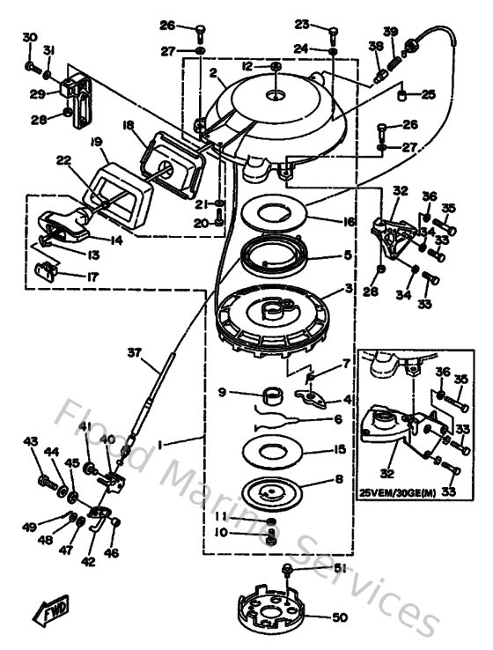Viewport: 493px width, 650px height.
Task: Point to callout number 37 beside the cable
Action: point(134,352)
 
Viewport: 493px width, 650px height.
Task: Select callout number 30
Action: point(29,37)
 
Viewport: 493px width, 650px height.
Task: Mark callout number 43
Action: point(30,441)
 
